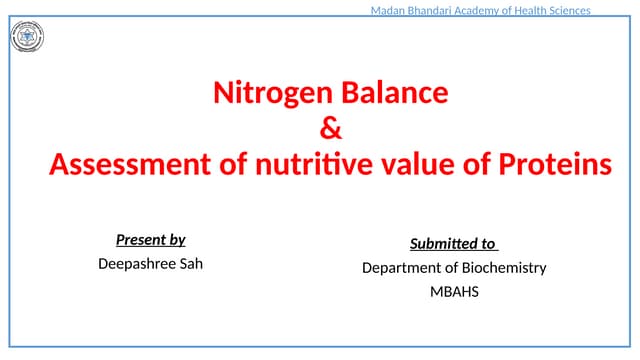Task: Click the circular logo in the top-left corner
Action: coord(27,39)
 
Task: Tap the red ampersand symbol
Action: coord(329,129)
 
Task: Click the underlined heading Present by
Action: coord(150,240)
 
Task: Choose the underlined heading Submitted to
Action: coord(453,244)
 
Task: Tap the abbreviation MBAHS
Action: coord(454,292)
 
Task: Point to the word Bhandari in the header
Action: coord(436,10)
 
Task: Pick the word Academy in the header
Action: coord(490,10)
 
